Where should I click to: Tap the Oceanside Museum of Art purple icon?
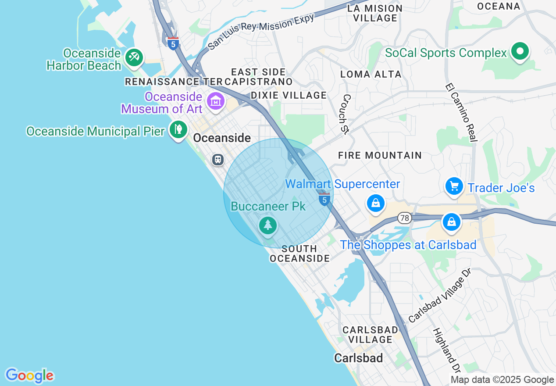pyautogui.click(x=216, y=101)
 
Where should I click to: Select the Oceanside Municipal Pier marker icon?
pyautogui.click(x=178, y=130)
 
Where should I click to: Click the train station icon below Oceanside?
pyautogui.click(x=218, y=159)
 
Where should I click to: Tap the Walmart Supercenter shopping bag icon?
pyautogui.click(x=376, y=203)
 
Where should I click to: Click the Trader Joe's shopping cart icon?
pyautogui.click(x=454, y=187)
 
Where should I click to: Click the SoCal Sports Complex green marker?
pyautogui.click(x=520, y=52)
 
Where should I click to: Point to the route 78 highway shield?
pyautogui.click(x=404, y=218)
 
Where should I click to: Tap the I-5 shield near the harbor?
pyautogui.click(x=173, y=44)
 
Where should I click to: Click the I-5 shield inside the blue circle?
pyautogui.click(x=324, y=200)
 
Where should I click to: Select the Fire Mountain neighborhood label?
pyautogui.click(x=380, y=155)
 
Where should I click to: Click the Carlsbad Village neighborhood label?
pyautogui.click(x=371, y=334)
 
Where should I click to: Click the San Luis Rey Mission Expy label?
pyautogui.click(x=261, y=32)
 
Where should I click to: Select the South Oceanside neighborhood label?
pyautogui.click(x=299, y=254)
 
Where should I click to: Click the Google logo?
pyautogui.click(x=29, y=375)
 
